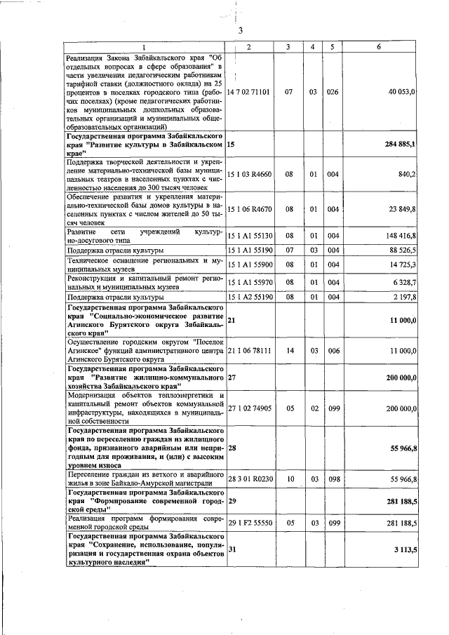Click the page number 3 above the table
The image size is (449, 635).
[x=240, y=30]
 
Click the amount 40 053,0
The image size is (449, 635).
[x=402, y=92]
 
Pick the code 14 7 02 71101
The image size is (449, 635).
[x=248, y=92]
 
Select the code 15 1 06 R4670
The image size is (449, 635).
[x=249, y=208]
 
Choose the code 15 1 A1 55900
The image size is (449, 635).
[x=249, y=264]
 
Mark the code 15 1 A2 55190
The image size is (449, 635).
[x=249, y=297]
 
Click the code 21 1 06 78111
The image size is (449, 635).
[x=249, y=350]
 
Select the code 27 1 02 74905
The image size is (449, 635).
[x=249, y=408]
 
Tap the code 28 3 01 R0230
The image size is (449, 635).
[x=249, y=479]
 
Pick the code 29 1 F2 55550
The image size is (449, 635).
[x=249, y=523]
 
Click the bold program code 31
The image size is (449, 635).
[x=232, y=551]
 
